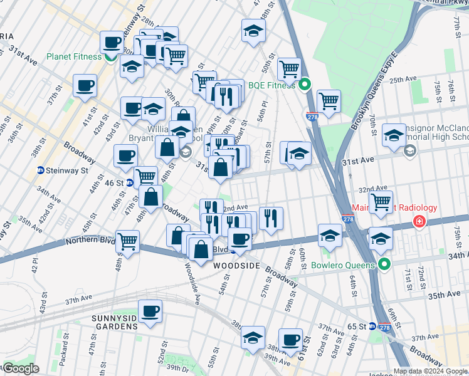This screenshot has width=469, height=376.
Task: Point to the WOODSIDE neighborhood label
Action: pos(236,266)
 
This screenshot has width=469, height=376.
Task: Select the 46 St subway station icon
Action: pos(130,183)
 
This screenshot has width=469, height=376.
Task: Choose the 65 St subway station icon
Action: pos(372,326)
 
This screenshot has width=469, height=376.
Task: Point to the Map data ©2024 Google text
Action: pos(430,371)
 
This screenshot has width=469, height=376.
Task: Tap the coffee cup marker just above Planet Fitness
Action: pos(112,43)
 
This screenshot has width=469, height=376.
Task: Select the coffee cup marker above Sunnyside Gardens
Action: pos(150,311)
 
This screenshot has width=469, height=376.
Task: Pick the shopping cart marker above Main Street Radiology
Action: pos(381,202)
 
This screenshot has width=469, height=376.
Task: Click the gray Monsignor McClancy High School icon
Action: pos(410,150)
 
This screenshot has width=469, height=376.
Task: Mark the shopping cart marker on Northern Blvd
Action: pos(127,241)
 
